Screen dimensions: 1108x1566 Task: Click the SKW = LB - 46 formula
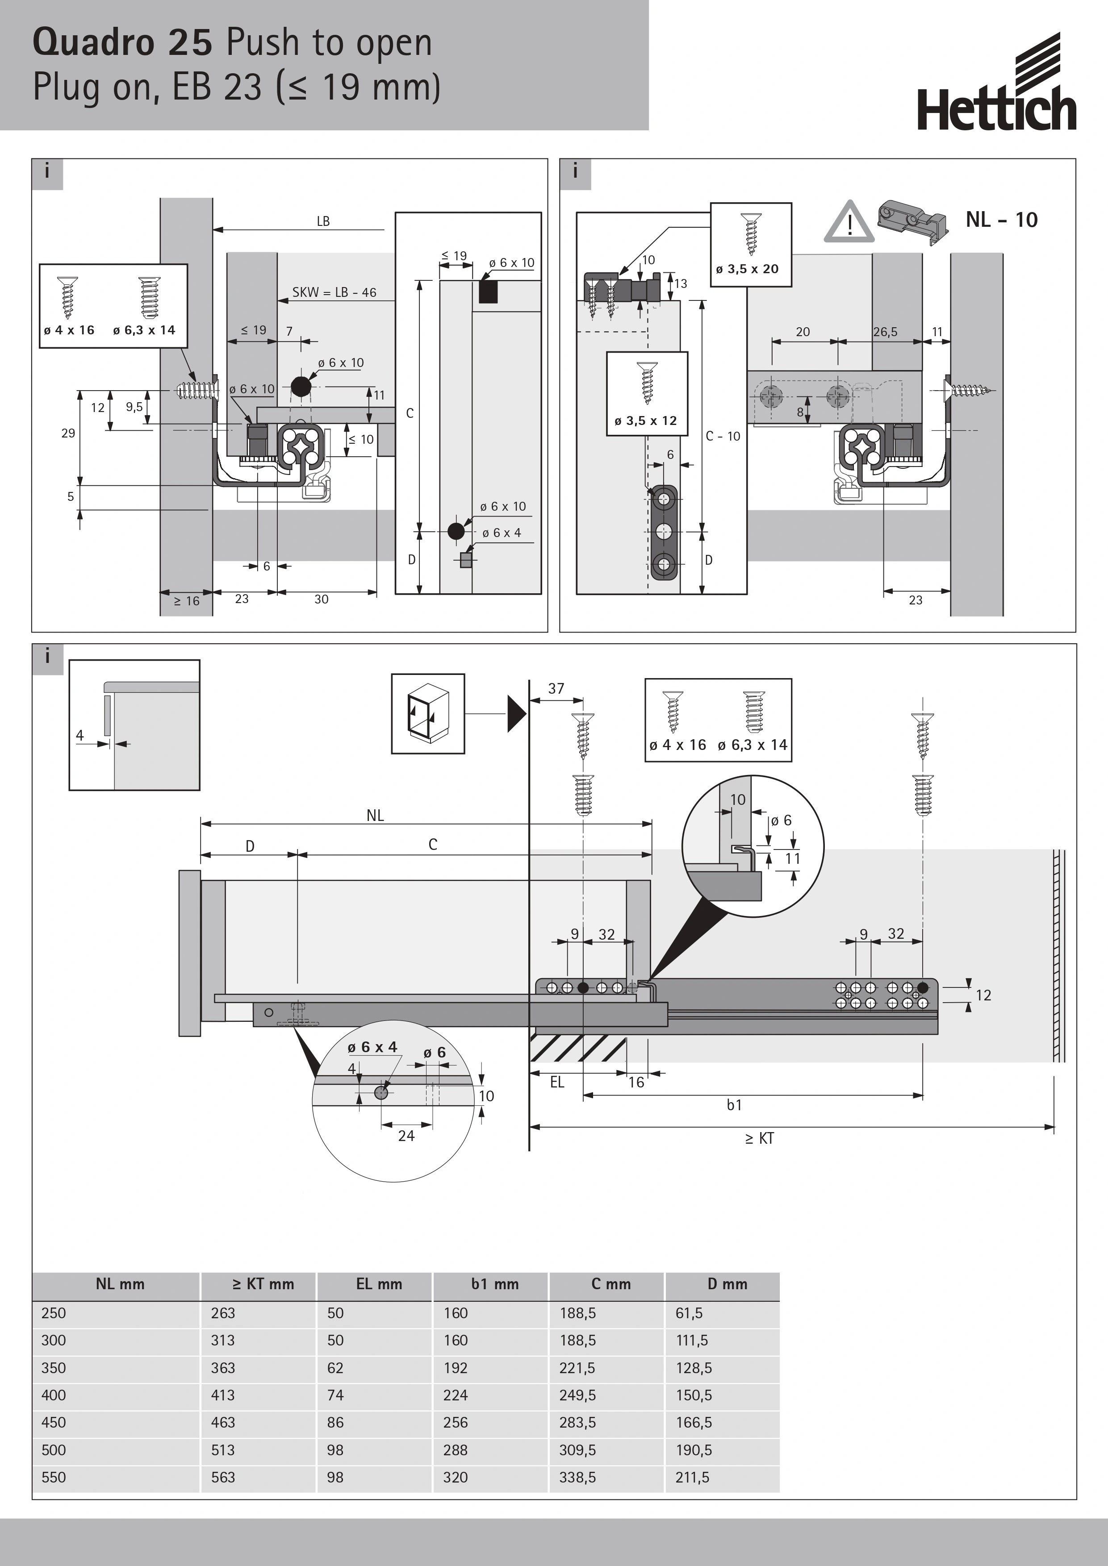[334, 292]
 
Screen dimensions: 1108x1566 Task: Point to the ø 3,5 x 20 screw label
[747, 269]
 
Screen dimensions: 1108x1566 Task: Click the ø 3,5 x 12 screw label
[645, 421]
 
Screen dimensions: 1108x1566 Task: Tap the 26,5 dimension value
[885, 332]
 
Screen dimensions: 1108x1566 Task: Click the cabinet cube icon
[428, 713]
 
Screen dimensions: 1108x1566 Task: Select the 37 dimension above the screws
[556, 688]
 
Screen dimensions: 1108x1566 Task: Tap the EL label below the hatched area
[557, 1083]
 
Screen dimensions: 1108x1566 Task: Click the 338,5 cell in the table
[577, 1477]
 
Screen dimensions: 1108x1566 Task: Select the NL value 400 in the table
[54, 1395]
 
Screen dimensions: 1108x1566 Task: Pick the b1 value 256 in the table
[455, 1423]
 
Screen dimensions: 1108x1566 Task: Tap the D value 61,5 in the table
[689, 1313]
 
